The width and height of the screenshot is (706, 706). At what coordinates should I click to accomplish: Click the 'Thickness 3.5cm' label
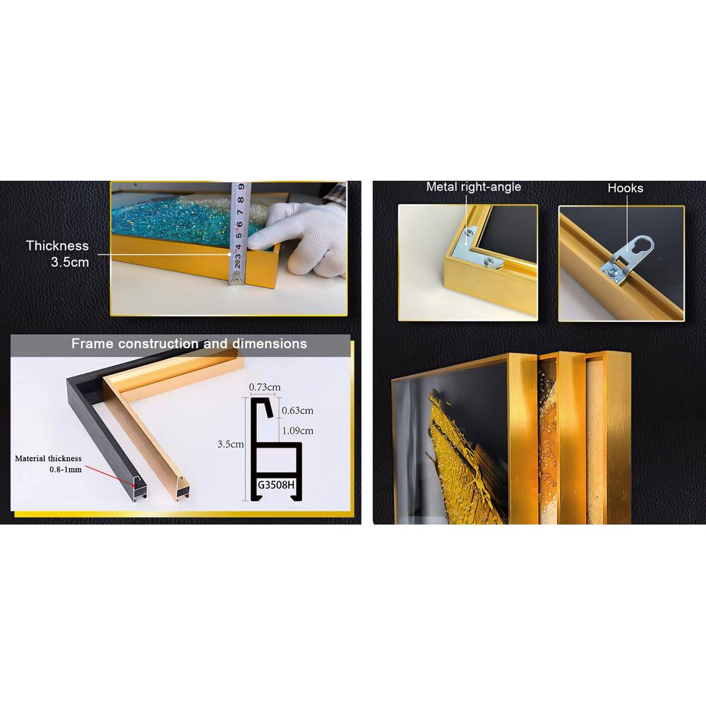[57, 253]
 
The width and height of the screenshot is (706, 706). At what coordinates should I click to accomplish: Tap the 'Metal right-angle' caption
[474, 187]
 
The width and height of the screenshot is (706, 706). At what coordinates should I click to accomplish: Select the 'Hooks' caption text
[626, 189]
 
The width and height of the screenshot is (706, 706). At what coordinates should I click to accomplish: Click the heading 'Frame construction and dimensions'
[189, 344]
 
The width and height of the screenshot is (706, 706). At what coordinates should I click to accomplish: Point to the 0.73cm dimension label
[265, 387]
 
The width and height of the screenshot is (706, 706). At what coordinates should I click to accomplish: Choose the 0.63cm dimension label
[298, 410]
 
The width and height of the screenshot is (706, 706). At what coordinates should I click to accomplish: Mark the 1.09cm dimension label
[298, 431]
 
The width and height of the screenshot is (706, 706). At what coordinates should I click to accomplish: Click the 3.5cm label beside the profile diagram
[231, 444]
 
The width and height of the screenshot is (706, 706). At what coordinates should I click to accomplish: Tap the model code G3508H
[275, 484]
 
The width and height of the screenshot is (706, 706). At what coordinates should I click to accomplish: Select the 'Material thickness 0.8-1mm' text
[49, 464]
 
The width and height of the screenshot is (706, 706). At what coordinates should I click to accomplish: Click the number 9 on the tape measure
[241, 186]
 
